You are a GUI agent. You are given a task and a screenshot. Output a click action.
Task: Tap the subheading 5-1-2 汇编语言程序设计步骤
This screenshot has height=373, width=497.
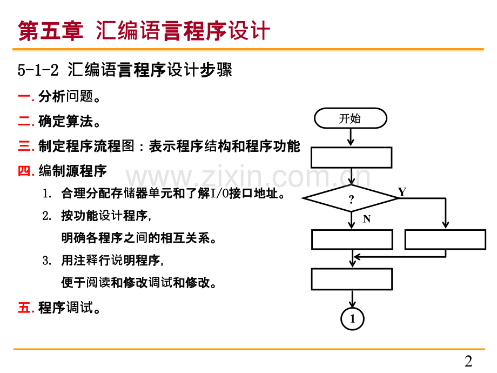125,70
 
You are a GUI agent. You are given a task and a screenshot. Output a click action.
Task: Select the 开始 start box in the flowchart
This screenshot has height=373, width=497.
351,118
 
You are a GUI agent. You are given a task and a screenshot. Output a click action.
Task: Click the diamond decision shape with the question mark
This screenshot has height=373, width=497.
351,198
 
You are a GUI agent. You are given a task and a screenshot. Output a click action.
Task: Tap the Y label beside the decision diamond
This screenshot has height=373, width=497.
401,191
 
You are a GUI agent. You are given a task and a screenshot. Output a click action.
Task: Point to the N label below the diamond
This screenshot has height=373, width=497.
367,219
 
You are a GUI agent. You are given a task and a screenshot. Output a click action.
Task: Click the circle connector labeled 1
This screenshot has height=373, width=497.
352,319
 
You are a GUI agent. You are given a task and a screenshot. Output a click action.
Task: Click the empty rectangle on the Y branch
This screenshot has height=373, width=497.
445,239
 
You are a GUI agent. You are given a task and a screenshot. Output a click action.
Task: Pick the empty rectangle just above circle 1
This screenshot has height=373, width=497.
352,279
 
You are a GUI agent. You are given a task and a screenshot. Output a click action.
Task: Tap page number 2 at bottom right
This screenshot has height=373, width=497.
468,361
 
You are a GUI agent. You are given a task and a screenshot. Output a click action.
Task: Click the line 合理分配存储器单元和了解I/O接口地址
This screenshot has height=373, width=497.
173,194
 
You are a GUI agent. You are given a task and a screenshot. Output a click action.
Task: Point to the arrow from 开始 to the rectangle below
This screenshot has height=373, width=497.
351,137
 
